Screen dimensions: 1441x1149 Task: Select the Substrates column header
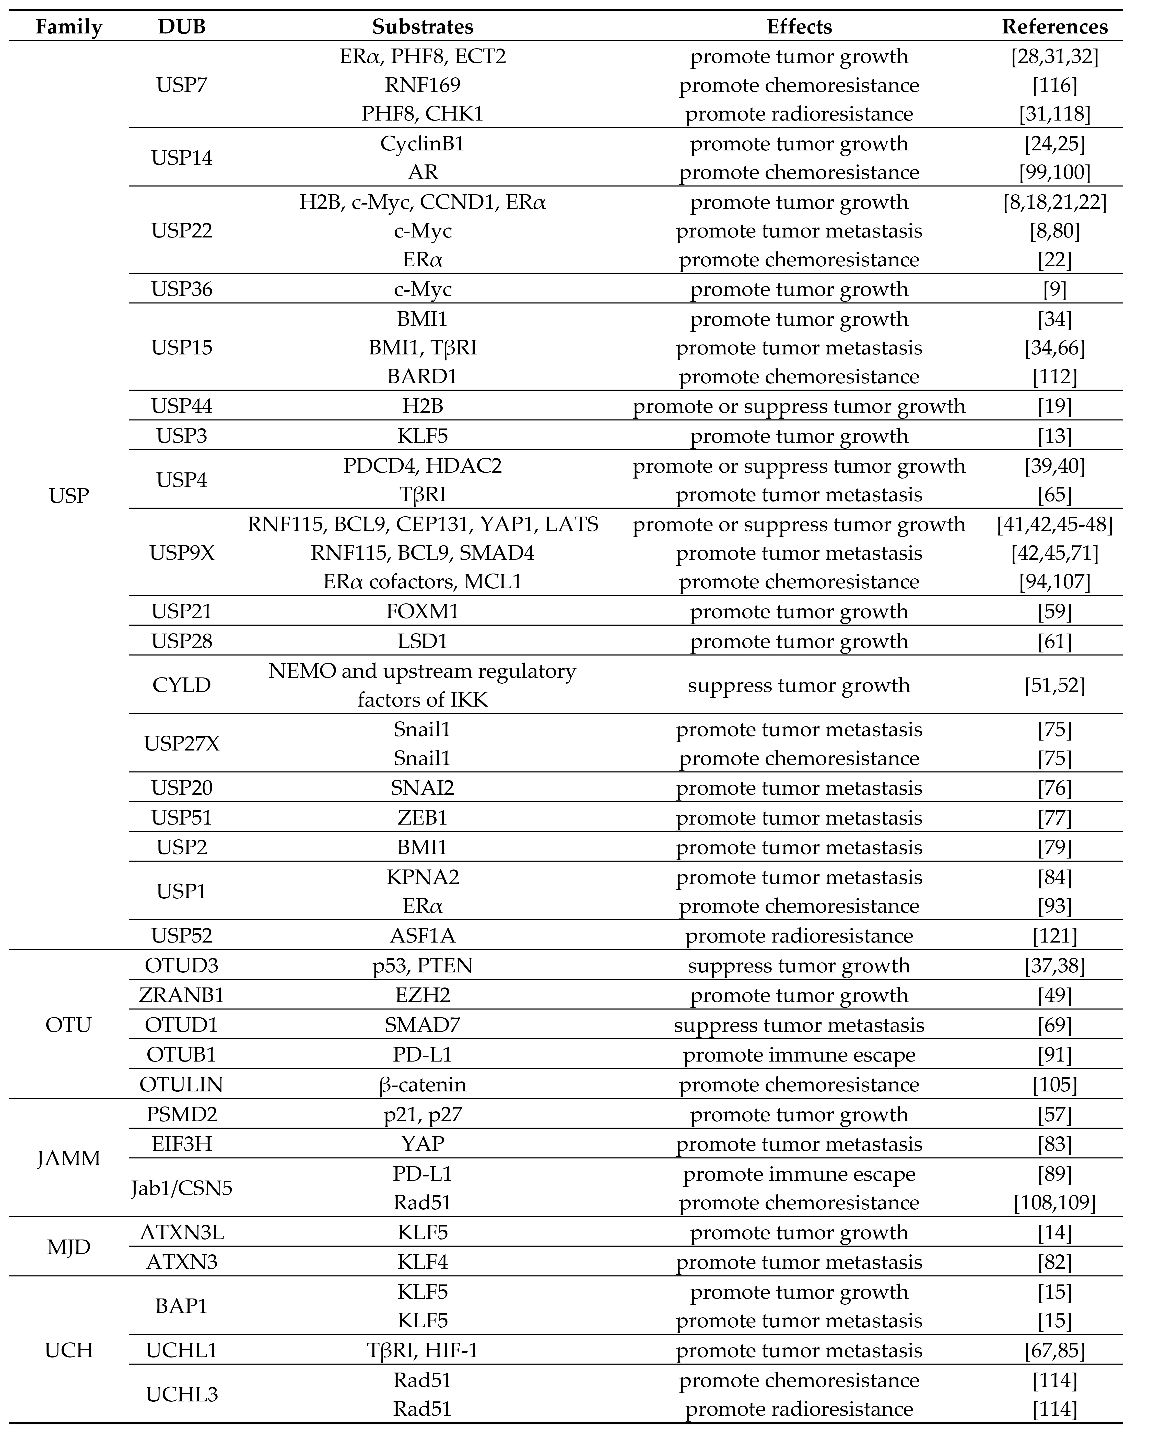(x=423, y=27)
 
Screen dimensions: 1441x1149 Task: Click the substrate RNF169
(x=423, y=85)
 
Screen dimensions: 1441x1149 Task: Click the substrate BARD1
(x=423, y=376)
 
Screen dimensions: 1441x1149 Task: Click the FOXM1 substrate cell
(x=423, y=612)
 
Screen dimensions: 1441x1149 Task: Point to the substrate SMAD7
(x=423, y=1025)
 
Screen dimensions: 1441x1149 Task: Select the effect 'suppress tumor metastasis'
(x=799, y=1025)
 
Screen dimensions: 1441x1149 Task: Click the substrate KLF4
(x=423, y=1262)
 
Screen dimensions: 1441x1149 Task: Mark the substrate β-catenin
(x=423, y=1084)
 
